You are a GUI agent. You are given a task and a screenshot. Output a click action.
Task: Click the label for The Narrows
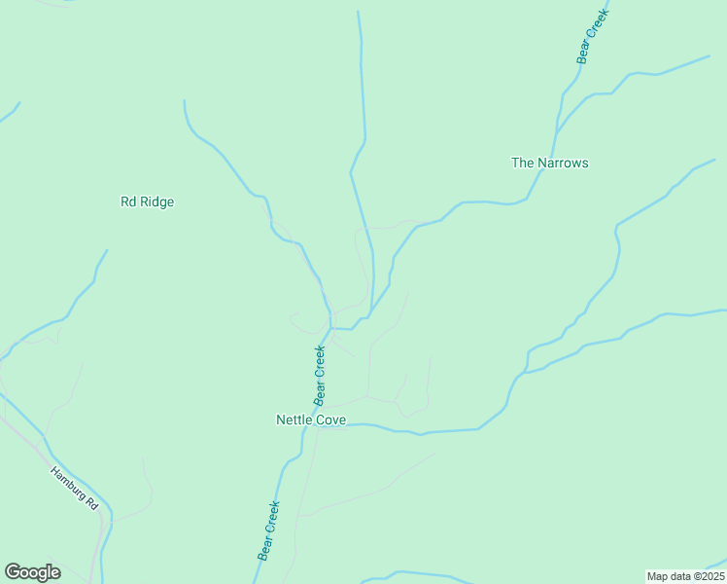point(549,163)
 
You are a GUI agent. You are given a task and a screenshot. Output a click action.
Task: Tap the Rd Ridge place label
point(147,202)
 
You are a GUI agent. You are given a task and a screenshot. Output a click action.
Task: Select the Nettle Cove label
point(311,420)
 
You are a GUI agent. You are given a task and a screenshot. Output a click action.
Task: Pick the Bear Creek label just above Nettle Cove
point(319,376)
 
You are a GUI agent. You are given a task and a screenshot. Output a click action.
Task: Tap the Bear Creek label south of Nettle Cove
point(268,530)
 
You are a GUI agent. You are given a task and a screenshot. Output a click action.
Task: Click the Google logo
point(32,572)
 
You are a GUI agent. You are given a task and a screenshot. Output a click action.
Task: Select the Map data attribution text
point(686,576)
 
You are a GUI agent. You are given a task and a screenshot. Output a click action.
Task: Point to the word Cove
point(330,420)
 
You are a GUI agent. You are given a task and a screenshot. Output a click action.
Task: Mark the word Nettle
point(294,420)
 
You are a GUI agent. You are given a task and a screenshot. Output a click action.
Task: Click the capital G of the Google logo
point(13,572)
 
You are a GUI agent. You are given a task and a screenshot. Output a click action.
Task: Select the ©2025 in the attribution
point(707,576)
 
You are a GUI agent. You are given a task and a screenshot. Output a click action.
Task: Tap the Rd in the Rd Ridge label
point(127,202)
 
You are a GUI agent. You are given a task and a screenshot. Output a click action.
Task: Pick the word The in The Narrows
point(522,163)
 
